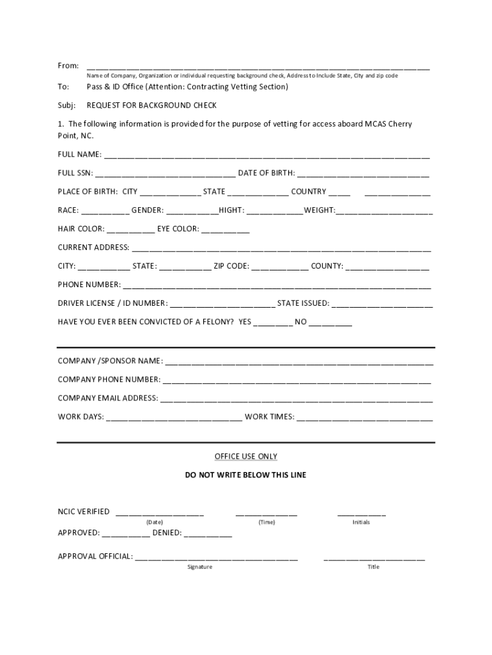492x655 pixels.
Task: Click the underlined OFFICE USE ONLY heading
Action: click(x=246, y=457)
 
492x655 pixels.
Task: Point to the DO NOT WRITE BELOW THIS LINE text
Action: click(x=246, y=475)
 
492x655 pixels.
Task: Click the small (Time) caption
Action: click(x=266, y=523)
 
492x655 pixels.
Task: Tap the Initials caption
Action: click(x=361, y=523)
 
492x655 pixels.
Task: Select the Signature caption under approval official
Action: click(x=200, y=567)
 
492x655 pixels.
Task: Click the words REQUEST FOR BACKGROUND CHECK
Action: click(x=152, y=106)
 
